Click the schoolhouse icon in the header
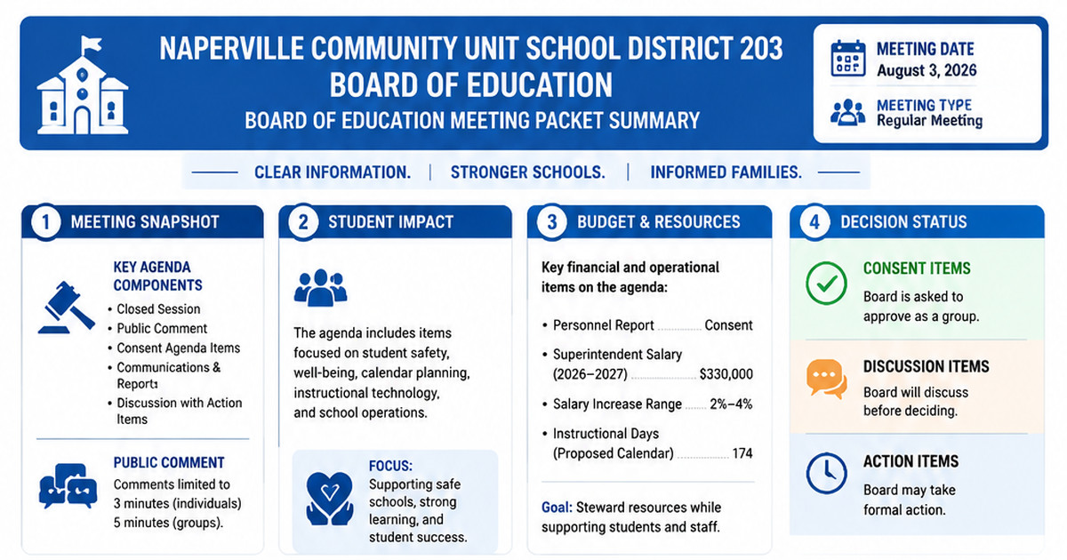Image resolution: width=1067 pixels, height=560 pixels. pyautogui.click(x=83, y=84)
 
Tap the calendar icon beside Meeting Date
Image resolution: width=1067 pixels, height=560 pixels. pyautogui.click(x=848, y=59)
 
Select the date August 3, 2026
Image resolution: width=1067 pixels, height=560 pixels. pyautogui.click(x=927, y=70)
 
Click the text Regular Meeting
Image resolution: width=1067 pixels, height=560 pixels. pyautogui.click(x=929, y=121)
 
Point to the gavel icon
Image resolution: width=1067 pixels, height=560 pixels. pyautogui.click(x=66, y=308)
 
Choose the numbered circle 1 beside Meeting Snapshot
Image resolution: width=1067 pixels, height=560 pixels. pyautogui.click(x=45, y=222)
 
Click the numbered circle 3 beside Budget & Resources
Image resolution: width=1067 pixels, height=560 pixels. pyautogui.click(x=551, y=222)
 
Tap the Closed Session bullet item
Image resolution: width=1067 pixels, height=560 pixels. pyautogui.click(x=158, y=309)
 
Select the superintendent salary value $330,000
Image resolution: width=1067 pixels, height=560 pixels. pyautogui.click(x=726, y=374)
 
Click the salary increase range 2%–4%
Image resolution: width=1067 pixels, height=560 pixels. pyautogui.click(x=731, y=404)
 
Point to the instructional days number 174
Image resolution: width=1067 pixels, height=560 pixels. pyautogui.click(x=742, y=452)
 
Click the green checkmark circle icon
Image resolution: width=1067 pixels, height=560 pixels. pyautogui.click(x=826, y=284)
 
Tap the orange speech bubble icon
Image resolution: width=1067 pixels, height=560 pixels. pyautogui.click(x=826, y=379)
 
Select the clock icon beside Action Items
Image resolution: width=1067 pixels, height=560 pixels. pyautogui.click(x=826, y=473)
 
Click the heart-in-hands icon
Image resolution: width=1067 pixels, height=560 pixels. pyautogui.click(x=330, y=499)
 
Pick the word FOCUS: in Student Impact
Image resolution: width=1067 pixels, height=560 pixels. pyautogui.click(x=390, y=466)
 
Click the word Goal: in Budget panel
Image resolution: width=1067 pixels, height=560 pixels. pyautogui.click(x=557, y=508)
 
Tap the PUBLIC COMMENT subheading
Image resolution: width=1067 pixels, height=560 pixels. pyautogui.click(x=169, y=462)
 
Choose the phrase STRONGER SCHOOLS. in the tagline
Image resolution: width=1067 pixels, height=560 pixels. pyautogui.click(x=528, y=172)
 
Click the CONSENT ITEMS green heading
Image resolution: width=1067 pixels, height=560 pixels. pyautogui.click(x=917, y=268)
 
